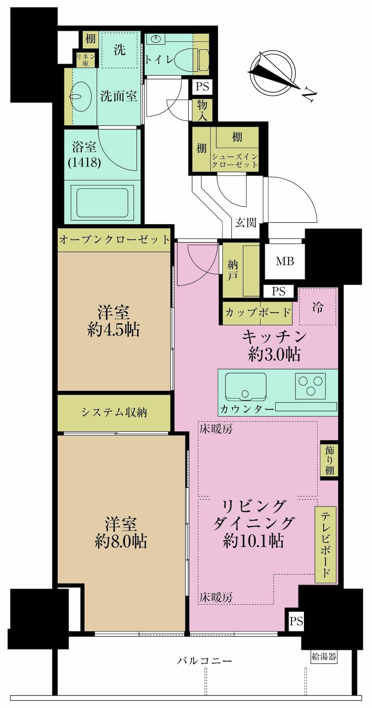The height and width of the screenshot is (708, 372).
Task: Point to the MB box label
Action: [285, 261]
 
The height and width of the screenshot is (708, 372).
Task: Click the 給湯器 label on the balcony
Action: [324, 657]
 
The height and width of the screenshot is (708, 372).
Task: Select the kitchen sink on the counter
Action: [246, 387]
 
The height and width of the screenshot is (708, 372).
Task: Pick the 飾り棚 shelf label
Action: [330, 460]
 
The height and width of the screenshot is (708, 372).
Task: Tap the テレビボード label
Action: [326, 544]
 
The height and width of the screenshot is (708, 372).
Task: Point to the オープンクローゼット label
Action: [115, 239]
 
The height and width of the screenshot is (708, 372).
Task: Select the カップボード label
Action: [257, 312]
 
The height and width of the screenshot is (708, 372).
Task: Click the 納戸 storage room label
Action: [233, 270]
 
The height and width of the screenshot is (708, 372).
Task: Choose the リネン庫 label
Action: [86, 59]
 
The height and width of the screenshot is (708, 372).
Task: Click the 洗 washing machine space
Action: [119, 49]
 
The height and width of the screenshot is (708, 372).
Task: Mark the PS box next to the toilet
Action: [202, 87]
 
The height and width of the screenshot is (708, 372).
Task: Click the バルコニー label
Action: [204, 660]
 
